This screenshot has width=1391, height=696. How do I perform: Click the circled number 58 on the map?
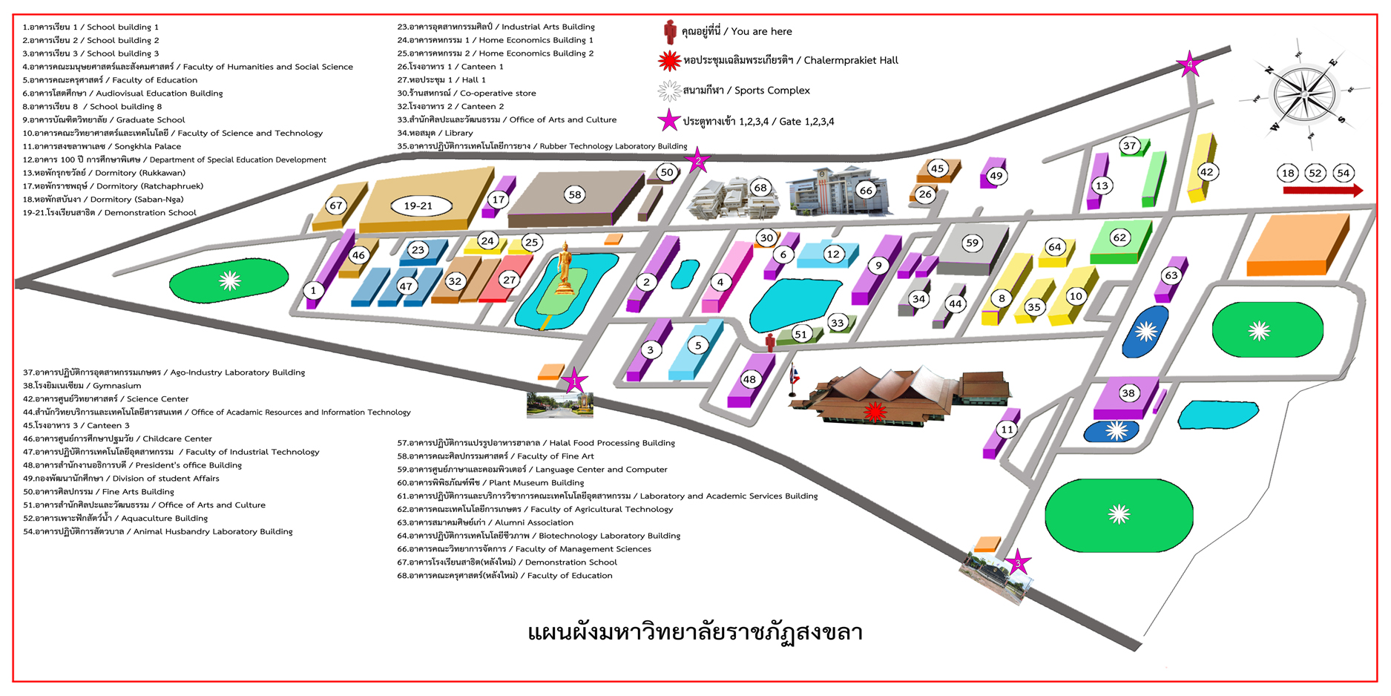pyautogui.click(x=574, y=194)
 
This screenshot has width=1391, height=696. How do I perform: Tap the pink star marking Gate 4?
pyautogui.click(x=1189, y=65)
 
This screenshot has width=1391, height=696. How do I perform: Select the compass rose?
pyautogui.click(x=1303, y=95)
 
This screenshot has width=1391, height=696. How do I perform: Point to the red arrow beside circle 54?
pyautogui.click(x=1323, y=191)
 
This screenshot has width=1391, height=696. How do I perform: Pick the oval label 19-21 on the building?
pyautogui.click(x=418, y=206)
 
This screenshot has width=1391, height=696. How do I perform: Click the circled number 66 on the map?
pyautogui.click(x=865, y=190)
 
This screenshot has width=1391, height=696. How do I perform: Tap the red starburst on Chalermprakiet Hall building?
pyautogui.click(x=875, y=412)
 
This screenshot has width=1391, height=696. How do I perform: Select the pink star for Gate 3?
pyautogui.click(x=1018, y=562)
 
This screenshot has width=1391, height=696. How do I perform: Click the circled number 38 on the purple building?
pyautogui.click(x=1128, y=393)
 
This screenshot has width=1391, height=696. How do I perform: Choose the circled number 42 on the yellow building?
pyautogui.click(x=1206, y=172)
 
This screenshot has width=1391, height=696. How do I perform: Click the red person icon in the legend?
pyautogui.click(x=670, y=32)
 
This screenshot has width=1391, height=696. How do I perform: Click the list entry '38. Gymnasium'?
pyautogui.click(x=82, y=386)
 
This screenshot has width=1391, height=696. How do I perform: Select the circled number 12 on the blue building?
pyautogui.click(x=833, y=254)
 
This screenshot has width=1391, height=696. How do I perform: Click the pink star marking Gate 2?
pyautogui.click(x=697, y=161)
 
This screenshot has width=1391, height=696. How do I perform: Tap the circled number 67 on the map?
pyautogui.click(x=336, y=206)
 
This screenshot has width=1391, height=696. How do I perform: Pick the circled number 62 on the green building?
pyautogui.click(x=1119, y=237)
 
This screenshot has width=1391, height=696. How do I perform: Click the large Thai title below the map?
pyautogui.click(x=694, y=632)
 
